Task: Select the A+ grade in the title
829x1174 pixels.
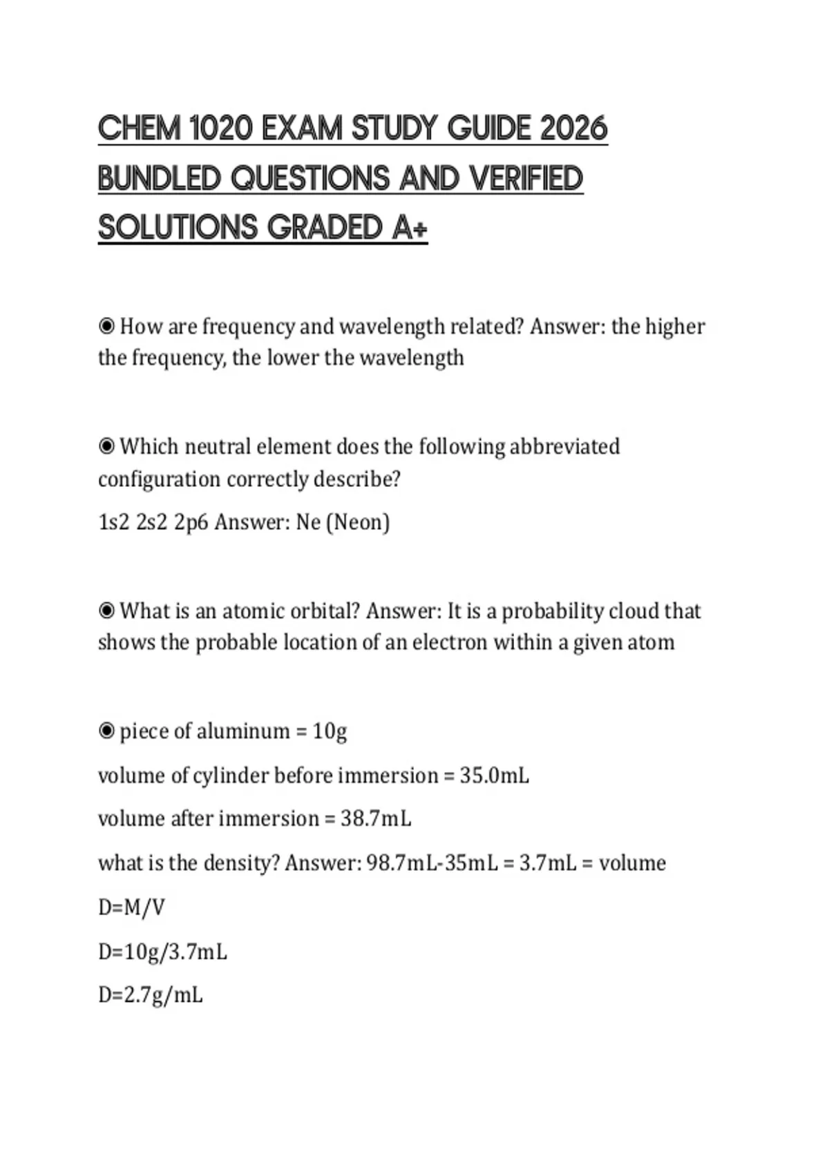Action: coord(410,228)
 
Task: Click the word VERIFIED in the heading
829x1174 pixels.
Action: coord(526,178)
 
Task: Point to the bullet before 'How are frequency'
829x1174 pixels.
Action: coord(106,326)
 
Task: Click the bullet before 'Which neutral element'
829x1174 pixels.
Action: coord(106,447)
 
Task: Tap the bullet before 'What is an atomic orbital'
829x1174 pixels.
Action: coord(106,611)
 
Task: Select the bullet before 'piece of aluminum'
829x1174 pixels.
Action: coord(106,731)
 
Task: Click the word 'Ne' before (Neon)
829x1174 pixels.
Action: coord(307,522)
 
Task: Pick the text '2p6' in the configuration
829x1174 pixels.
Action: coord(191,522)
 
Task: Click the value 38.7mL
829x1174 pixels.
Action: coord(376,819)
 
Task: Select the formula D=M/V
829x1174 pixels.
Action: coord(131,907)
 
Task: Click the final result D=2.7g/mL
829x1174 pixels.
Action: coord(151,996)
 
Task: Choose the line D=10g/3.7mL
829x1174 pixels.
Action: coord(162,952)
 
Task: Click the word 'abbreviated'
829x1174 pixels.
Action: coord(564,447)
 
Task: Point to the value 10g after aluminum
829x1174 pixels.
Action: coord(330,731)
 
